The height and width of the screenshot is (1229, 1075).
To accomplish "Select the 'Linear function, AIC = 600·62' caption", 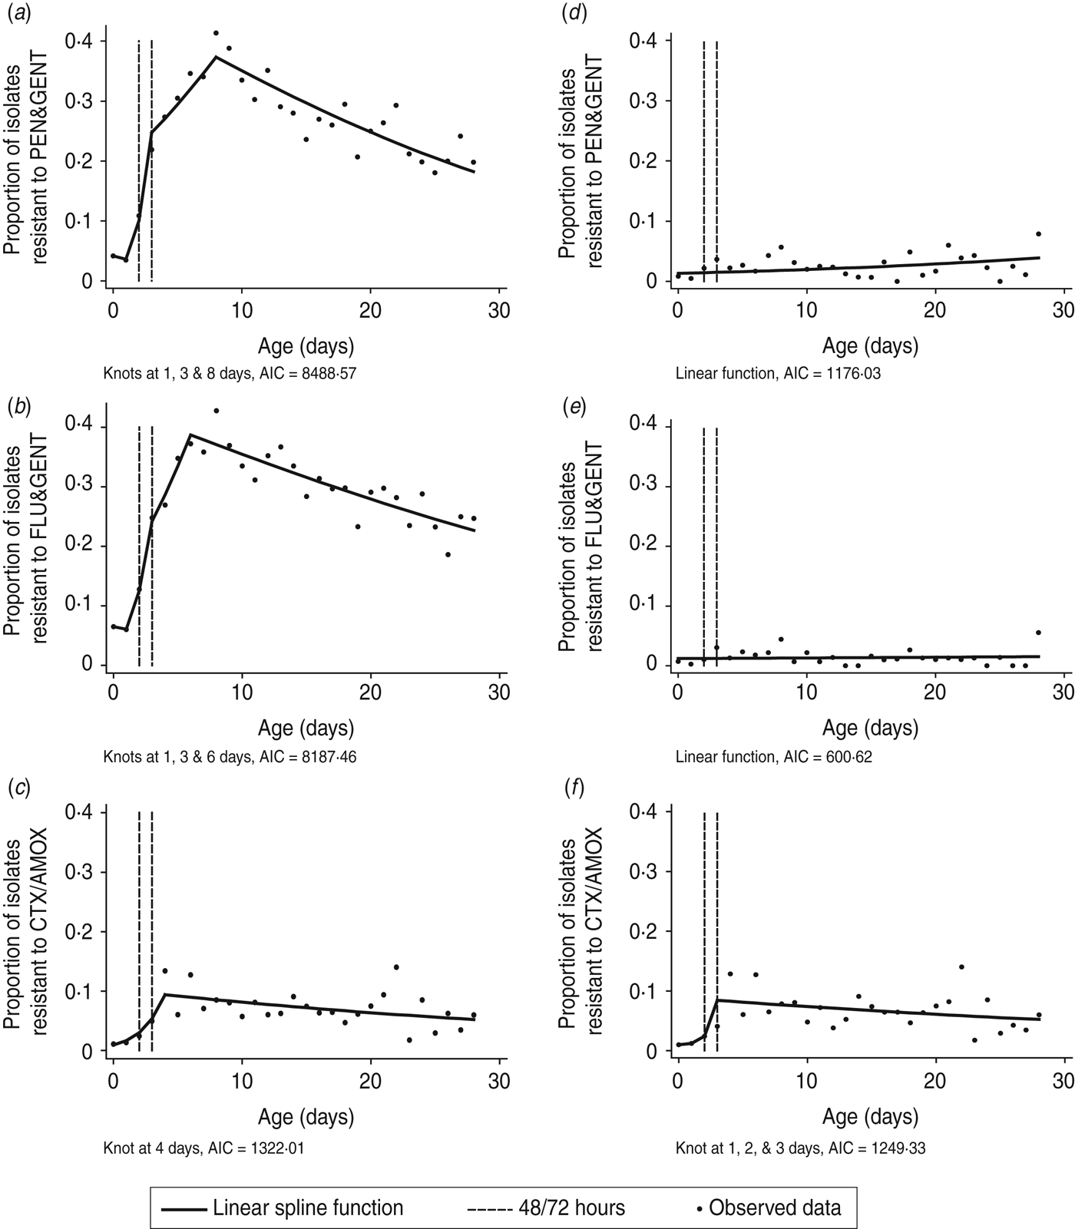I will point(773,757).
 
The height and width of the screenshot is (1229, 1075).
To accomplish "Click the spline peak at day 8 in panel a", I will point(217,57).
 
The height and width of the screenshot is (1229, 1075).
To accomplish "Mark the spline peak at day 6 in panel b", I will point(190,434).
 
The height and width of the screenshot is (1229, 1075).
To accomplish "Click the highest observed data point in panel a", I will point(217,33).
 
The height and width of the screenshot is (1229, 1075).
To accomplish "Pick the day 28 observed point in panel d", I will point(1038,233).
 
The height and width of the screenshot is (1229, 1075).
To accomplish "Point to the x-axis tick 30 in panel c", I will point(499,1081).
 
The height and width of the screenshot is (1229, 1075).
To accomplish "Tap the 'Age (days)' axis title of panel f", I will point(871,1115).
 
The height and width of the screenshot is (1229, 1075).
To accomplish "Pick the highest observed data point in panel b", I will point(217,411).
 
